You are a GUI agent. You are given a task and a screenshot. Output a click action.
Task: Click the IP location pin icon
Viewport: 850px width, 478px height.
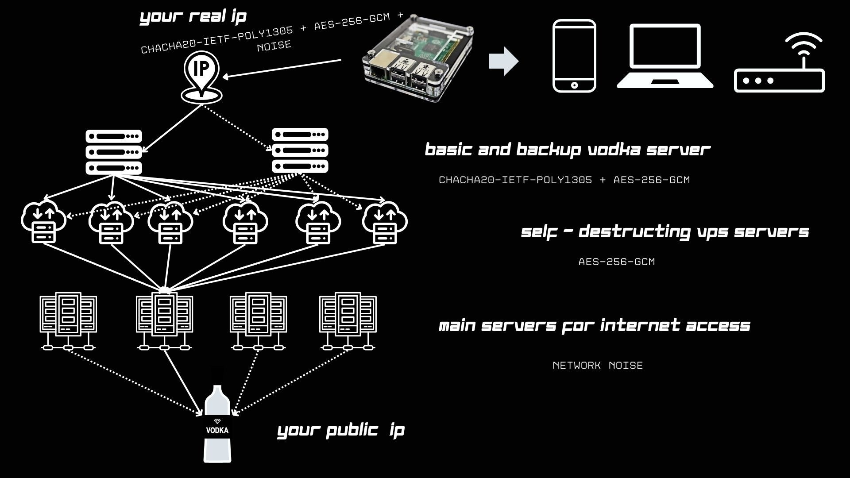(x=201, y=73)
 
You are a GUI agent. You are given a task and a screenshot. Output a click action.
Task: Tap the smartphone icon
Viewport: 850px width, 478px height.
(x=574, y=56)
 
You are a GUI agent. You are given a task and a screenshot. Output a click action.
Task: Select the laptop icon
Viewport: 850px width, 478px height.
(x=665, y=57)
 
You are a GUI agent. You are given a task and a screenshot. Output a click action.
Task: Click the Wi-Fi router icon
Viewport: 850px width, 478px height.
(x=779, y=64)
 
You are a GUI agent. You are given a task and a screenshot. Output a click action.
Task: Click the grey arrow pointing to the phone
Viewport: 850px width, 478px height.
(x=503, y=61)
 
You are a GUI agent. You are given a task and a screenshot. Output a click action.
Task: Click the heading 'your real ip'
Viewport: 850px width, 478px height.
(x=193, y=16)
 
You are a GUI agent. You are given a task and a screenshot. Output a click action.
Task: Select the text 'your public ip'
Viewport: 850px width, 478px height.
(x=340, y=430)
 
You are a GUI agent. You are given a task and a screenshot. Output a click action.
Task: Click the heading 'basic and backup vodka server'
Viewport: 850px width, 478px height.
(x=567, y=150)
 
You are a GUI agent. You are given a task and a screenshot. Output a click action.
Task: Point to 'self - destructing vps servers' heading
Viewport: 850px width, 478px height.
(x=665, y=231)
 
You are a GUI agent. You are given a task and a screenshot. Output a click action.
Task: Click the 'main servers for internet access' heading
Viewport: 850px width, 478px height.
(x=594, y=326)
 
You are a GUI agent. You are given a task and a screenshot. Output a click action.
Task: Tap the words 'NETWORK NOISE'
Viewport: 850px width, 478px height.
(x=598, y=365)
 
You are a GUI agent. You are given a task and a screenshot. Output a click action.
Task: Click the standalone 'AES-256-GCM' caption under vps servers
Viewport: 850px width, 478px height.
(x=616, y=262)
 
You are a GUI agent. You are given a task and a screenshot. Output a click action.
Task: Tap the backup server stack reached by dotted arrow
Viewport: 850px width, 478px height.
(x=300, y=150)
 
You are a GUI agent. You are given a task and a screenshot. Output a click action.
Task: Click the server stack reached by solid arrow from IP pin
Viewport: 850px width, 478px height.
(x=114, y=152)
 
